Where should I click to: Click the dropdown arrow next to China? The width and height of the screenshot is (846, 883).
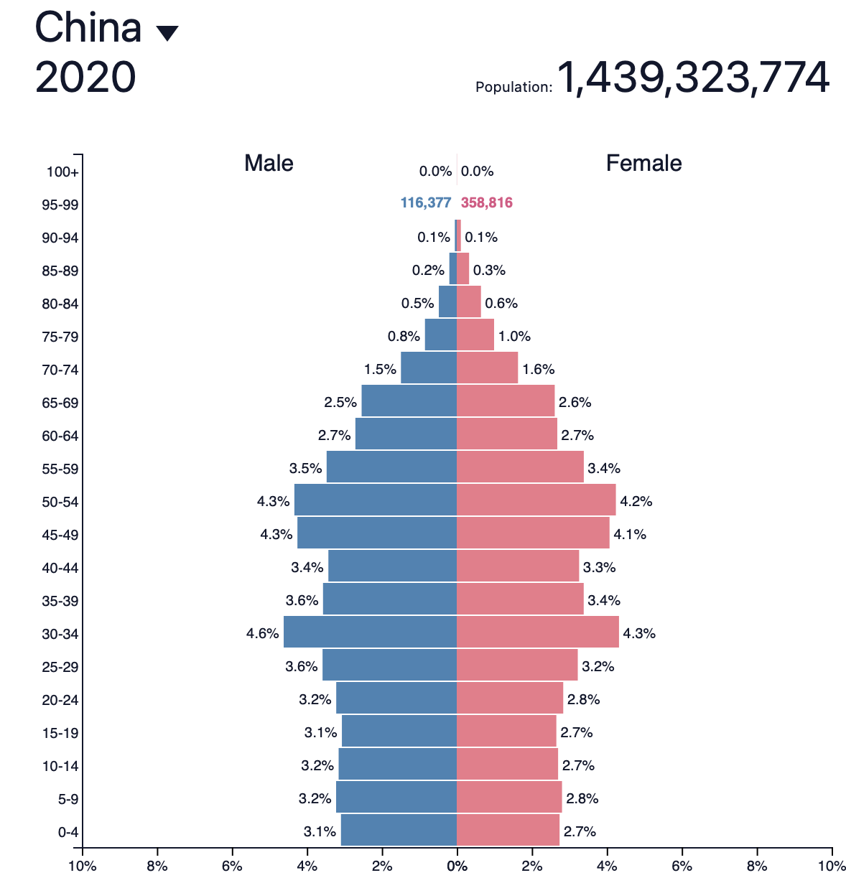pyautogui.click(x=167, y=33)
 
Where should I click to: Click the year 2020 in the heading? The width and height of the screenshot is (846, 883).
pyautogui.click(x=85, y=78)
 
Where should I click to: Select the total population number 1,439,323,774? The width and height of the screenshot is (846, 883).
pyautogui.click(x=693, y=78)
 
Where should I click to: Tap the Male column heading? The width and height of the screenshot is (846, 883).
pyautogui.click(x=269, y=163)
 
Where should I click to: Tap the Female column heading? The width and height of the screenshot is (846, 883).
pyautogui.click(x=643, y=163)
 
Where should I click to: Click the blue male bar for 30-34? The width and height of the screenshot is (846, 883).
pyautogui.click(x=370, y=632)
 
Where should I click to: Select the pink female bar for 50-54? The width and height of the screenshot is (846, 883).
pyautogui.click(x=536, y=500)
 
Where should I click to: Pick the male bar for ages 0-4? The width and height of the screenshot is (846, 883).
pyautogui.click(x=399, y=831)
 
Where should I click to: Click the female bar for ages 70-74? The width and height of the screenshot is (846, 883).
pyautogui.click(x=487, y=368)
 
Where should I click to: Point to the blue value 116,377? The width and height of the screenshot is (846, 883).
pyautogui.click(x=425, y=202)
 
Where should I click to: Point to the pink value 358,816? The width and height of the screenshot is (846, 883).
pyautogui.click(x=487, y=202)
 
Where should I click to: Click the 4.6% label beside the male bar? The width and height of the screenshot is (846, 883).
pyautogui.click(x=262, y=633)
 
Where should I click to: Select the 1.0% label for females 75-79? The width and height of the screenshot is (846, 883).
pyautogui.click(x=514, y=336)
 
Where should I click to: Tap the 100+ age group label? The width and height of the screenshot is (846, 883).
pyautogui.click(x=62, y=172)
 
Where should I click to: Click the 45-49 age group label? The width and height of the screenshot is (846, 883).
pyautogui.click(x=60, y=535)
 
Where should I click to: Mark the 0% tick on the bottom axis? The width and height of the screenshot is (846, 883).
pyautogui.click(x=457, y=866)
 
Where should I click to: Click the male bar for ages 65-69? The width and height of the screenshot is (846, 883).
pyautogui.click(x=409, y=401)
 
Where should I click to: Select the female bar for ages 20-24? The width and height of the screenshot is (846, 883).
pyautogui.click(x=510, y=699)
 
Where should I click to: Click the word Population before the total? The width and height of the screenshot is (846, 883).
pyautogui.click(x=513, y=87)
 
